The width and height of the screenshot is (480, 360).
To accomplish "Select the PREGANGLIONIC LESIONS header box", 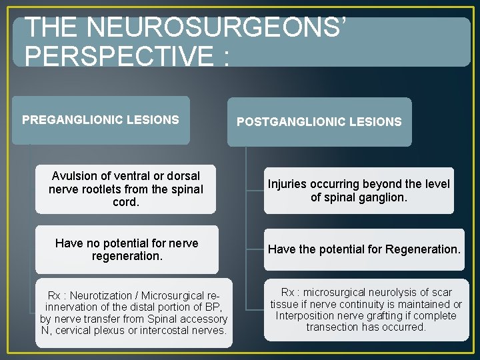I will [x=101, y=121].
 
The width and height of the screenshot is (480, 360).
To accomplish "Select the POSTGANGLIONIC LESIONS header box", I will [x=319, y=122].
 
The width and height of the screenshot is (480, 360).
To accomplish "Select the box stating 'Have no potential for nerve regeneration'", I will [x=127, y=250].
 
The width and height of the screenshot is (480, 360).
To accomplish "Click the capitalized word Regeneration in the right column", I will [x=423, y=249].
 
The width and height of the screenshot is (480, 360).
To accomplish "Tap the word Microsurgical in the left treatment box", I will [x=173, y=295].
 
